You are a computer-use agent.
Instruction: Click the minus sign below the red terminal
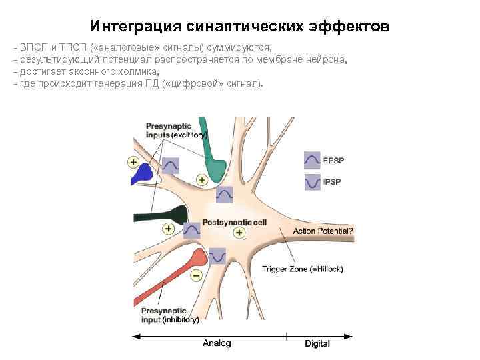tap(195, 275)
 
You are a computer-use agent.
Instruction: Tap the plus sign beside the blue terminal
tap(134, 162)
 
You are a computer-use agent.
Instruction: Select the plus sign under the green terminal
tap(202, 180)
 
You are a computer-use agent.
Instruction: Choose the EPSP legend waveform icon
tap(311, 160)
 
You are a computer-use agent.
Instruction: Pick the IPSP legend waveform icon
tap(311, 181)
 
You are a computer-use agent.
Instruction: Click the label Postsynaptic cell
tap(230, 222)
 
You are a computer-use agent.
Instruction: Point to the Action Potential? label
tap(323, 231)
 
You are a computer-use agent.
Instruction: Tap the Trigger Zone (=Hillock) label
tap(303, 269)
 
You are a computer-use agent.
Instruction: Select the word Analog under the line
tap(217, 343)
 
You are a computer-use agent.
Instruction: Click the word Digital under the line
tap(318, 343)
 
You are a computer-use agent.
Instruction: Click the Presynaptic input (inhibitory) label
tap(170, 315)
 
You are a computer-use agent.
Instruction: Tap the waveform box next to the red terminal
tap(217, 255)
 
